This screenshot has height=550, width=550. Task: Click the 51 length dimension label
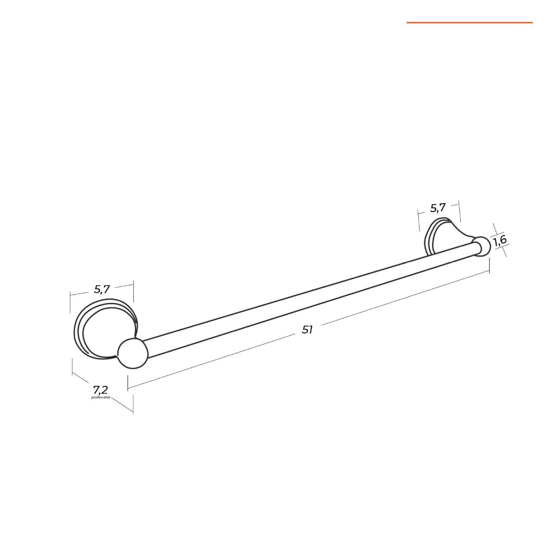coord(307,330)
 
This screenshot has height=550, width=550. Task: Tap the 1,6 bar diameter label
coord(500,240)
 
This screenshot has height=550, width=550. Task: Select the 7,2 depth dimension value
coord(100,390)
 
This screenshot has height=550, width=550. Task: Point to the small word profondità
coord(100,397)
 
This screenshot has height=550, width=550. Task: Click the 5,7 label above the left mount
coord(102,289)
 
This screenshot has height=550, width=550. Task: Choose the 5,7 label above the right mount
coord(438,208)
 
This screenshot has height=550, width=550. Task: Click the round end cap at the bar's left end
coord(133,354)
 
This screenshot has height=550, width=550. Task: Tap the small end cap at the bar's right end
coord(482,246)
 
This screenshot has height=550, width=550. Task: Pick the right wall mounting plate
coord(443,237)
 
